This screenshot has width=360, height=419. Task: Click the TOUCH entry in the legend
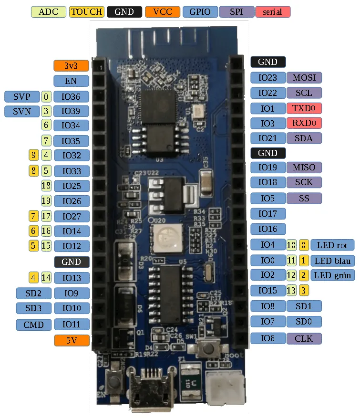(x=86, y=11)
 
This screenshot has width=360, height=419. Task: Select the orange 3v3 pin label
(x=71, y=65)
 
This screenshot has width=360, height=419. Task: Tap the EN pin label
(x=71, y=81)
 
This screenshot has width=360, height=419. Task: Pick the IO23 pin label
(x=267, y=77)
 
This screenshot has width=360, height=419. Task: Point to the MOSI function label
(x=304, y=77)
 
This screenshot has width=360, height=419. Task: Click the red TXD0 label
(x=304, y=108)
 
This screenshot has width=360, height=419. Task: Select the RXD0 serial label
(x=304, y=123)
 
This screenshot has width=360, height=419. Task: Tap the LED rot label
(x=332, y=245)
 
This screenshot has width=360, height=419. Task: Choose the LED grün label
(x=332, y=275)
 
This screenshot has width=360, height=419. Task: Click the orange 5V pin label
(x=71, y=340)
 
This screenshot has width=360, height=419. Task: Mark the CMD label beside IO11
(x=33, y=325)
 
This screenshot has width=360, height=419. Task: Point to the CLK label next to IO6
(x=304, y=338)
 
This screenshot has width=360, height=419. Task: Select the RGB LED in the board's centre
(x=165, y=237)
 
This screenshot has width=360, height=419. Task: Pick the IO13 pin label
(x=71, y=278)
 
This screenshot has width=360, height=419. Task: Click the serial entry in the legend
(x=273, y=11)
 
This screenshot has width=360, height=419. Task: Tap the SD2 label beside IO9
(x=33, y=293)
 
